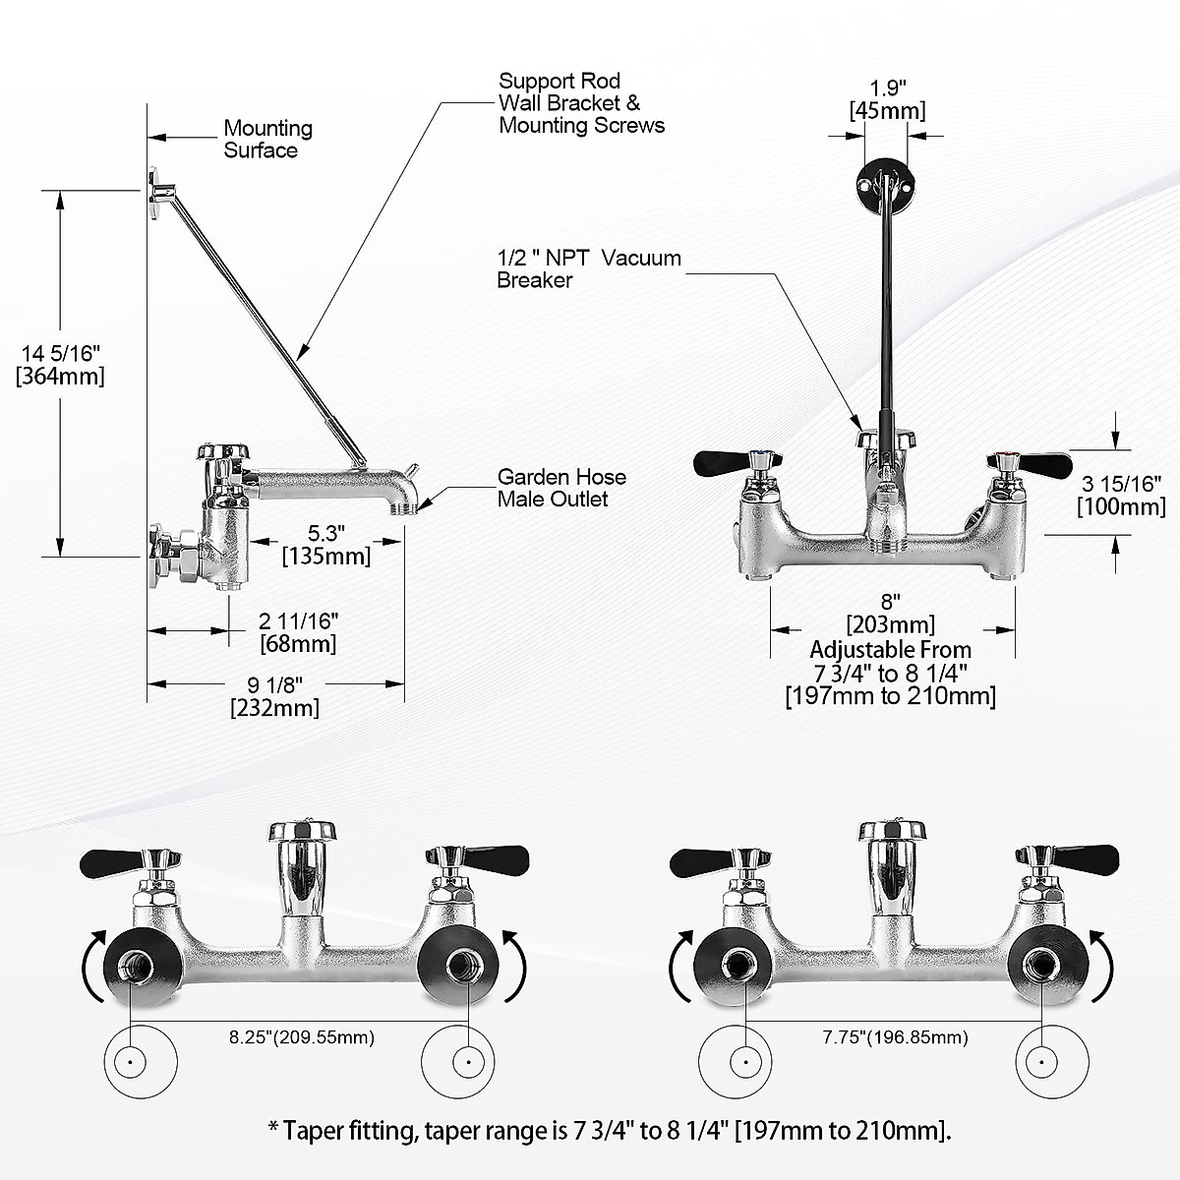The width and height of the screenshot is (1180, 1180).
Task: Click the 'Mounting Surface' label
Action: [x=267, y=139]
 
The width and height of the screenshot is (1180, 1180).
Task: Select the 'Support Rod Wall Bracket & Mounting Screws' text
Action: [x=581, y=103]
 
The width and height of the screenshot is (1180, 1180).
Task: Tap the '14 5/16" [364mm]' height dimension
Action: [x=60, y=363]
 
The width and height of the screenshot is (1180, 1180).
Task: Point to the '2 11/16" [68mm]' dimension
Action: [x=298, y=632]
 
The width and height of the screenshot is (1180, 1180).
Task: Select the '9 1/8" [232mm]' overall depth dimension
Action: [x=273, y=696]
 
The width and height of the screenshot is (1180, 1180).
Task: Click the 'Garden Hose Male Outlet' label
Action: [x=560, y=488]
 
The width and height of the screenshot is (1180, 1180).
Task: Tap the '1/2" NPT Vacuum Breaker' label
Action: [x=588, y=268]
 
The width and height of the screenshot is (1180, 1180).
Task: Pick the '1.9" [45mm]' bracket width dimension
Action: [x=887, y=99]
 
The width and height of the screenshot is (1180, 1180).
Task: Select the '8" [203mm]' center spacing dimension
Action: [x=891, y=613]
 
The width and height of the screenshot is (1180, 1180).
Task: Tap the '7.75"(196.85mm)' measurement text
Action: [x=896, y=1037]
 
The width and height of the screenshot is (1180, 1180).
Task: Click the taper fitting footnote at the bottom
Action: [x=610, y=1131]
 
